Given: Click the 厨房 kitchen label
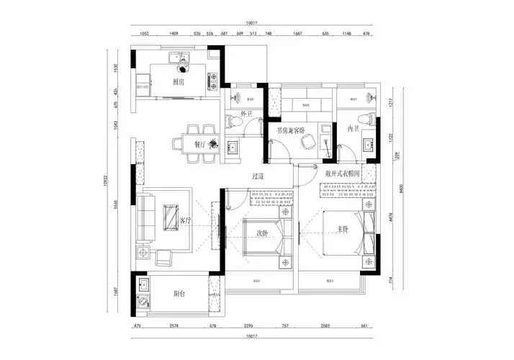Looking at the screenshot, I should click(x=179, y=82).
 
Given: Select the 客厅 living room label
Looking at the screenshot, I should click(x=184, y=220).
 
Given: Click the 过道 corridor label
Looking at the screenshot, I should click(x=258, y=176).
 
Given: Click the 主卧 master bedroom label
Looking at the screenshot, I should click(x=343, y=230).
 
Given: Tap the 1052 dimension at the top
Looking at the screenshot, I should click(x=144, y=34).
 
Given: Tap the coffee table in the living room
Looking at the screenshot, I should click(x=171, y=218).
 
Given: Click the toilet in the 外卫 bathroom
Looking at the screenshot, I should click(x=230, y=122).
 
